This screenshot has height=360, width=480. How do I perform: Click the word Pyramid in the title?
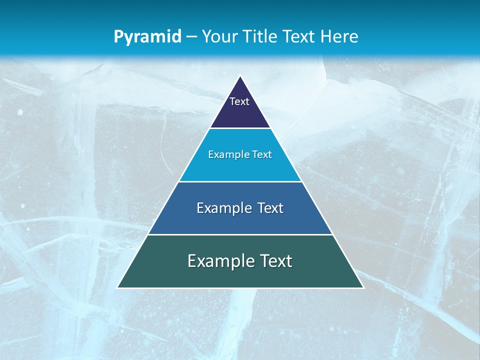pyautogui.click(x=147, y=37)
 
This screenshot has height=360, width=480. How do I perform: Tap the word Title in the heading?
pyautogui.click(x=261, y=36)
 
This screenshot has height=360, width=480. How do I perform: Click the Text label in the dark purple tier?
pyautogui.click(x=239, y=101)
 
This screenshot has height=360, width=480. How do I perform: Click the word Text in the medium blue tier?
pyautogui.click(x=270, y=208)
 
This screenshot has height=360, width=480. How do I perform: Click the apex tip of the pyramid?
pyautogui.click(x=240, y=76)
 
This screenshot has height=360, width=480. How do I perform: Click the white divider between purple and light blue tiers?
pyautogui.click(x=240, y=128)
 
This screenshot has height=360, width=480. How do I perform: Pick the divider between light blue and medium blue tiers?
pyautogui.click(x=240, y=181)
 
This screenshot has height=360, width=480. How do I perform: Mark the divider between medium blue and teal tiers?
pyautogui.click(x=240, y=234)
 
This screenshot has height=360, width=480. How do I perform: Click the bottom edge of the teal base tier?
pyautogui.click(x=240, y=288)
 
